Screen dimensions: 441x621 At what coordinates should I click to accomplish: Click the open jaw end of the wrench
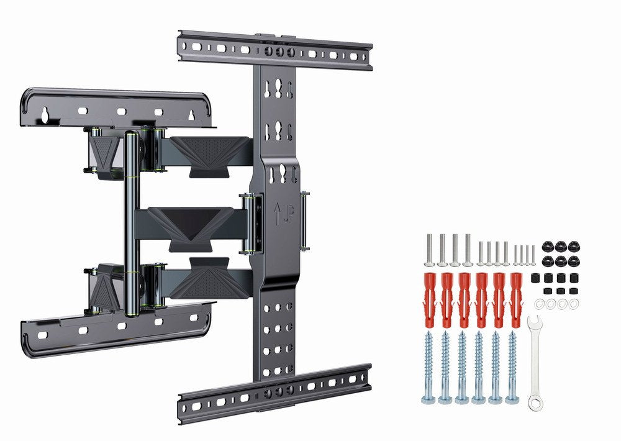[533, 322]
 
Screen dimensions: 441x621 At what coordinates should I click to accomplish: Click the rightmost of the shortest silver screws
[533, 255]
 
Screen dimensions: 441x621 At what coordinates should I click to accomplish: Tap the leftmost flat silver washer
[540, 303]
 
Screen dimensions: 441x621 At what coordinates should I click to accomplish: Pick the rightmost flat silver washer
[574, 303]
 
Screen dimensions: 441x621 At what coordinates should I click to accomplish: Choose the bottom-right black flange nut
[573, 260]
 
